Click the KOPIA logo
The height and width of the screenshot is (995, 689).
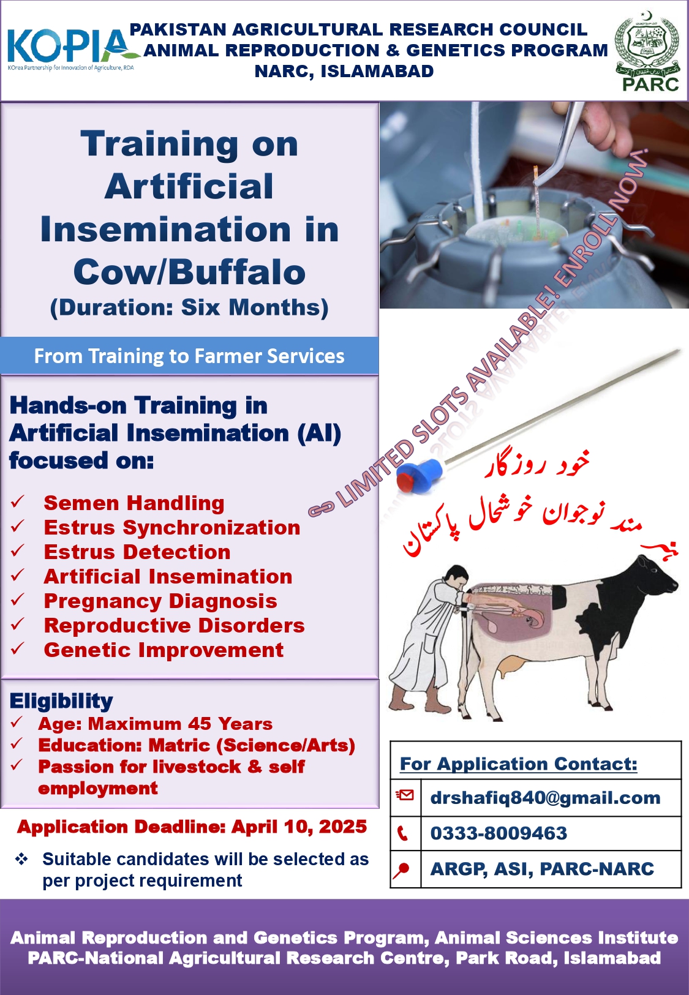(71, 49)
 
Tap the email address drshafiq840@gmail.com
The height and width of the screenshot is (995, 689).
(545, 798)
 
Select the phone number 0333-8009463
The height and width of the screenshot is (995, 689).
(499, 833)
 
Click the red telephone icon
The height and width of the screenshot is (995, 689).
(402, 834)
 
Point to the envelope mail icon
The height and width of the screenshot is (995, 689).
(405, 795)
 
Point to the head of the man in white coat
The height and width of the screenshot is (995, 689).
(455, 578)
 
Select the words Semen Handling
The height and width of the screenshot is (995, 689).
(134, 503)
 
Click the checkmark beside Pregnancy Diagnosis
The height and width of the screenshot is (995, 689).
(17, 600)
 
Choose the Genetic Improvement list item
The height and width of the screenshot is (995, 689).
(164, 650)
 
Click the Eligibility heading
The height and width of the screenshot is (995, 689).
(61, 701)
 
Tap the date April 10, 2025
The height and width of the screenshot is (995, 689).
(299, 827)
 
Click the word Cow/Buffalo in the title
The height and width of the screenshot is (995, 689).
(189, 272)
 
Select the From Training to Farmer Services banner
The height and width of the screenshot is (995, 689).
(189, 356)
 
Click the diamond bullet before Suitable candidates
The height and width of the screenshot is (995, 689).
(21, 859)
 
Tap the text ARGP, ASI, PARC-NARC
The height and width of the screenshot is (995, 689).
(542, 869)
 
